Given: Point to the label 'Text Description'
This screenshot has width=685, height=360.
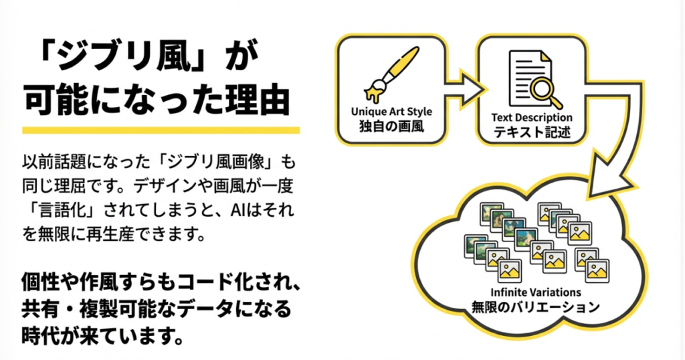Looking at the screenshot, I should click(532, 118).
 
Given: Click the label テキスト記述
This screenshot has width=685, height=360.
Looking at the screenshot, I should click(532, 132).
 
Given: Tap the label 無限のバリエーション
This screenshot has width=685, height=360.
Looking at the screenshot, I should click(532, 308).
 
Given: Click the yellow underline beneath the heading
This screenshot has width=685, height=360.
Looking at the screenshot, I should click(161, 130).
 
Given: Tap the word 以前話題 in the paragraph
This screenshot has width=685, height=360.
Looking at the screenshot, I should click(56, 163).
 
